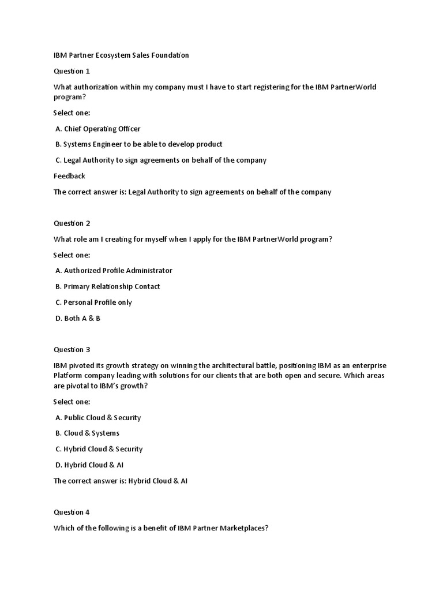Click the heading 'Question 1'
point(72,72)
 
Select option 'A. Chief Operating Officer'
point(98,129)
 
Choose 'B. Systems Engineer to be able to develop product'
point(138,144)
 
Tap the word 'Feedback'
point(69,176)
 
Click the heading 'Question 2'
point(72,223)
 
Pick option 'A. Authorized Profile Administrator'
point(114,270)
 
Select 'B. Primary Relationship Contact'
point(108,286)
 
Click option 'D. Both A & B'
point(78,318)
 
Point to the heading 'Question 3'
point(72,350)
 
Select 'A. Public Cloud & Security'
point(98,417)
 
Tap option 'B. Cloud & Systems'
point(88,433)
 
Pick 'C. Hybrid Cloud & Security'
point(99,449)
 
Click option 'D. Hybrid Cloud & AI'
point(89,465)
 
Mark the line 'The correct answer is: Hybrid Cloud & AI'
point(121,481)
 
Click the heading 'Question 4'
point(72,512)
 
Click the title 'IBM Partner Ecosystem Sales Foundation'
point(121,55)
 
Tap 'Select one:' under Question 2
point(72,255)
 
